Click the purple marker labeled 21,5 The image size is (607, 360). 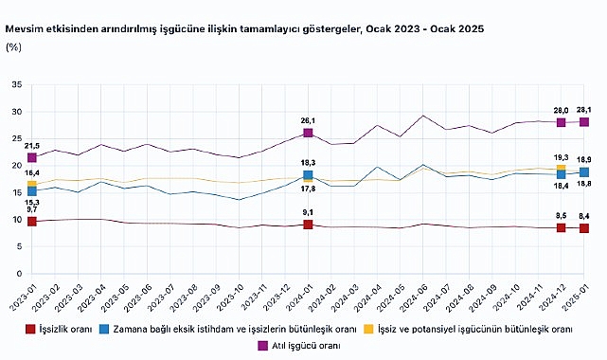pyautogui.click(x=32, y=157)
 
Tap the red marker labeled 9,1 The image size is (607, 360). pyautogui.click(x=309, y=225)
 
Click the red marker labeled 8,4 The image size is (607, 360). pyautogui.click(x=584, y=228)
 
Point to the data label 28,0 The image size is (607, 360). pyautogui.click(x=562, y=110)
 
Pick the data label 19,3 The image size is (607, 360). pyautogui.click(x=562, y=156)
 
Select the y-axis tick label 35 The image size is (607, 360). pyautogui.click(x=15, y=85)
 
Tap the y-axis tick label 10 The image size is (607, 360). pyautogui.click(x=15, y=220)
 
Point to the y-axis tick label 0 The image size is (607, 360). pyautogui.click(x=18, y=274)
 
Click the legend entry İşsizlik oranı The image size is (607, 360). pyautogui.click(x=67, y=330)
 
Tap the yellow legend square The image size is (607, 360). pyautogui.click(x=369, y=330)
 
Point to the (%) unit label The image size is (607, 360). pyautogui.click(x=15, y=46)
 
